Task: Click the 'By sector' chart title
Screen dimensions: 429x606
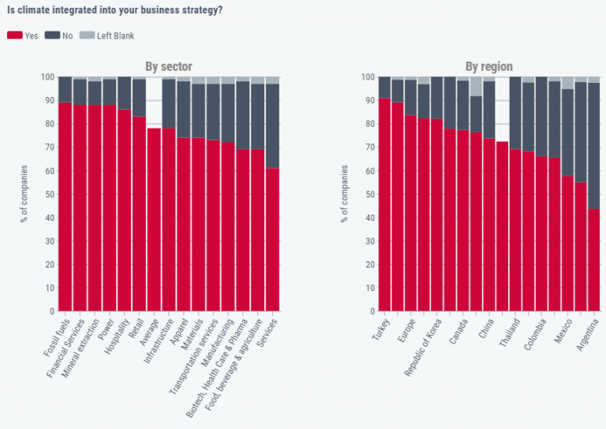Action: click(168, 66)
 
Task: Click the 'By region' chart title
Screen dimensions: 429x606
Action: click(488, 66)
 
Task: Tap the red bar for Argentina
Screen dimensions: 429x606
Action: click(593, 259)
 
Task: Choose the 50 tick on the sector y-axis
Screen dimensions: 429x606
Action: click(48, 194)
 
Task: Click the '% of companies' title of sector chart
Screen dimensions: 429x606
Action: click(24, 194)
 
